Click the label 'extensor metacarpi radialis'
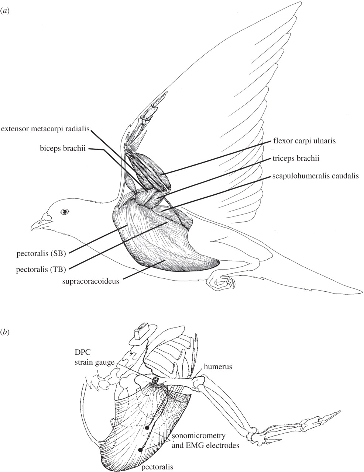point(45,129)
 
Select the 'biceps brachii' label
point(62,150)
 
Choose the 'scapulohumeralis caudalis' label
point(316,176)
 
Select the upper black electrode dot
point(147,428)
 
